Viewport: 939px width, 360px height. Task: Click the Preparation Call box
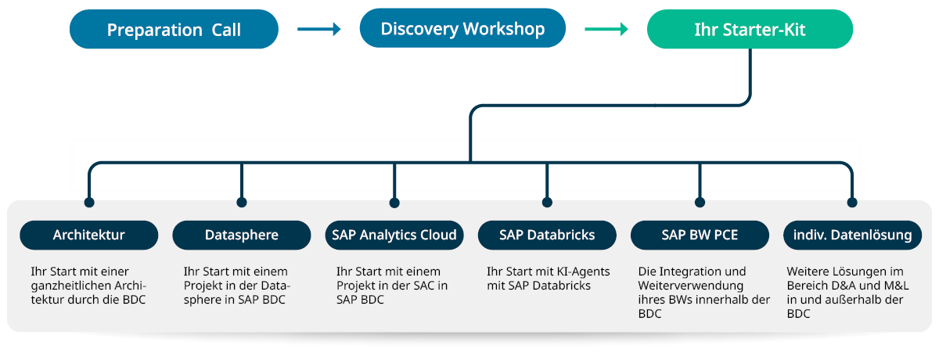(174, 30)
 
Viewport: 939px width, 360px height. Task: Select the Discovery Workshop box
(462, 30)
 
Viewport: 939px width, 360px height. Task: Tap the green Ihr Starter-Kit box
(750, 30)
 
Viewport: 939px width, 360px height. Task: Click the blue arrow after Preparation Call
(319, 30)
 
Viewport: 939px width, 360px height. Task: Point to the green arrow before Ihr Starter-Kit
(606, 30)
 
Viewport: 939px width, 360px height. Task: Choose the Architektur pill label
(88, 235)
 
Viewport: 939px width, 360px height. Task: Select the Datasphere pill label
(241, 235)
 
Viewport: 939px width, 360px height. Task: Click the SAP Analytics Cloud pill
(394, 235)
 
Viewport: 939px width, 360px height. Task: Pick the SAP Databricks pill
(547, 235)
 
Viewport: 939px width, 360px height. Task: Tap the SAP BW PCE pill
(700, 235)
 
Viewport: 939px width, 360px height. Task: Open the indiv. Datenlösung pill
(852, 235)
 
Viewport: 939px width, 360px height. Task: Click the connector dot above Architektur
(89, 203)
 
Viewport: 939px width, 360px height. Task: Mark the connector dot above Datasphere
(242, 203)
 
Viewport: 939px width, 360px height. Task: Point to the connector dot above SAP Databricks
(547, 203)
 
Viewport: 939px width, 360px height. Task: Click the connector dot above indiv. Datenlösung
(852, 203)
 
